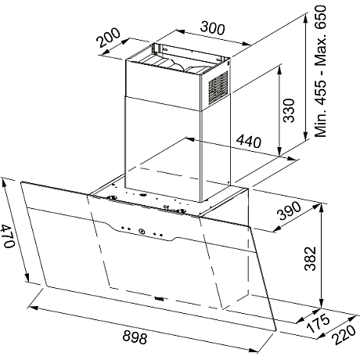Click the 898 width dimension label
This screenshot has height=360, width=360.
point(135,337)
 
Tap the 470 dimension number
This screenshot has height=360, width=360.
point(8,236)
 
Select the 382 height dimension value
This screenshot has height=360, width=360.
point(311,258)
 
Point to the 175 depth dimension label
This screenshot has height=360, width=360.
point(319,323)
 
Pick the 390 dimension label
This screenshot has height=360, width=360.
point(289,211)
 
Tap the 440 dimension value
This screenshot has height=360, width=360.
point(249,141)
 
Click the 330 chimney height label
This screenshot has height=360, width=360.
point(289,110)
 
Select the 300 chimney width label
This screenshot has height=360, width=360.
point(212,28)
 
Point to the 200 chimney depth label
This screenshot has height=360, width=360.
point(109,37)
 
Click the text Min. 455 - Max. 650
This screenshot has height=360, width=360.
point(320,71)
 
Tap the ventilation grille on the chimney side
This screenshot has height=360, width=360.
point(218,88)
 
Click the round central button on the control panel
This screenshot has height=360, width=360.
point(141,231)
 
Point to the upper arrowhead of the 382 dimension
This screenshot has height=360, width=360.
point(322,207)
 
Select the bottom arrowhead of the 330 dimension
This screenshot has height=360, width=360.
point(279,152)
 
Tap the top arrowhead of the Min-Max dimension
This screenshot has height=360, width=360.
point(305,17)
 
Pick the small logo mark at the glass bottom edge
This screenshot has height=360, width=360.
point(159,298)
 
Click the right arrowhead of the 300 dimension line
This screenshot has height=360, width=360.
point(247,44)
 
